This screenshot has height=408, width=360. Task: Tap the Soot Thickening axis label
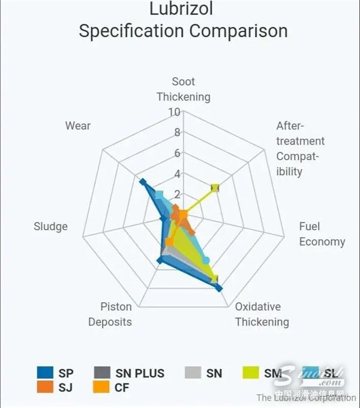pos(183,89)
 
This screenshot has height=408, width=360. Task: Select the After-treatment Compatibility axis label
pos(300,149)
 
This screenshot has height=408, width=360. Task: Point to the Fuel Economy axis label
pos(322,234)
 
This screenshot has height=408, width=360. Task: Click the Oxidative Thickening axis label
pos(262,314)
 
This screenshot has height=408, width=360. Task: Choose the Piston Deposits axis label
pos(110,314)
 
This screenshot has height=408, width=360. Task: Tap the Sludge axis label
pos(50,226)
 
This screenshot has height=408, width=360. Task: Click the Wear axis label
pos(78,125)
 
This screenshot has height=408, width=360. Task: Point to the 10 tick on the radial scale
pos(174,112)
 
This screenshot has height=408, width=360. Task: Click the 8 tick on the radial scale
pos(177,133)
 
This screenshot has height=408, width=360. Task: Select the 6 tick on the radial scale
pos(177,153)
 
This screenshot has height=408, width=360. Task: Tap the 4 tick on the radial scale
pos(177,174)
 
